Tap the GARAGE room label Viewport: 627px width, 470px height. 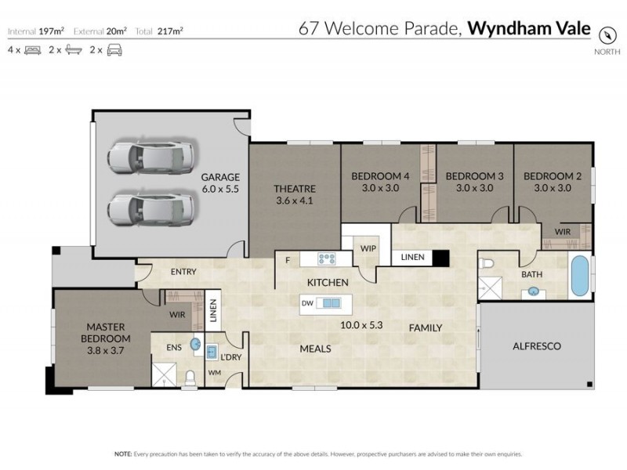pos(220,177)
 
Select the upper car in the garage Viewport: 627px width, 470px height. pos(149,156)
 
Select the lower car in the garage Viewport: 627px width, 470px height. pos(149,209)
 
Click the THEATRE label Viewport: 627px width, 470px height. pos(294,189)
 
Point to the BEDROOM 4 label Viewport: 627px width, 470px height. pos(380,176)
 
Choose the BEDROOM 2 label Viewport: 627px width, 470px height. pos(553,176)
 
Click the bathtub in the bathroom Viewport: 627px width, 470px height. pos(579,276)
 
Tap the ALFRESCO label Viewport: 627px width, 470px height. pos(536,345)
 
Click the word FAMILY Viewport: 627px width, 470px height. pos(426,328)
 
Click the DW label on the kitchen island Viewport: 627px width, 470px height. pos(308,303)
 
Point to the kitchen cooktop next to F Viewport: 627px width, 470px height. pos(327,258)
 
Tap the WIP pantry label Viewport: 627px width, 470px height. pos(368,248)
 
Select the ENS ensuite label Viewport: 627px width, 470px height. pos(173,345)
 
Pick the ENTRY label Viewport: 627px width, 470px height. pos(183,272)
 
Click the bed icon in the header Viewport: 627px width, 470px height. pos(32,50)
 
